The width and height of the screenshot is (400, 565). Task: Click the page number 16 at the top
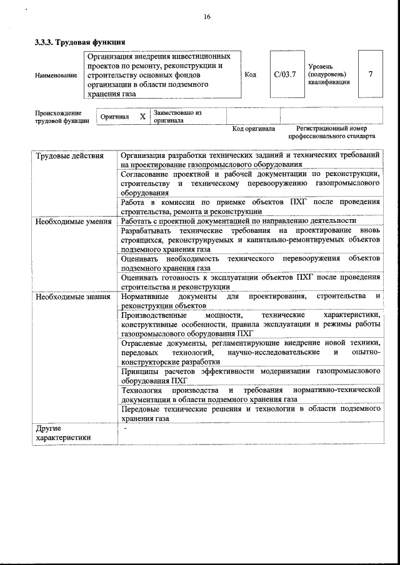(206, 17)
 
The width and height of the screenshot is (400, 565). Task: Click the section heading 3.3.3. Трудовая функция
(79, 42)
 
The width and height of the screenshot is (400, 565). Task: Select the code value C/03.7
(284, 75)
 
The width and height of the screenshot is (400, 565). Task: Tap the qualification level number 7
(371, 74)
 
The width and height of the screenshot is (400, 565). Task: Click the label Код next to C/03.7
(251, 75)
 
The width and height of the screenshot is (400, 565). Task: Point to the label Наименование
(56, 75)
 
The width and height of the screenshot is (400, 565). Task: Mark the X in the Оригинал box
(142, 117)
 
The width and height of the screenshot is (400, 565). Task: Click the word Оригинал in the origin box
(114, 117)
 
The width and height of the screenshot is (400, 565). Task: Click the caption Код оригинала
(253, 129)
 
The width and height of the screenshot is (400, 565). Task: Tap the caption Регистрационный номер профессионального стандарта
(331, 132)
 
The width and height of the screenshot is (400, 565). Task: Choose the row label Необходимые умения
(73, 220)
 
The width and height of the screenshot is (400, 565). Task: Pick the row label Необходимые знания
(72, 296)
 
